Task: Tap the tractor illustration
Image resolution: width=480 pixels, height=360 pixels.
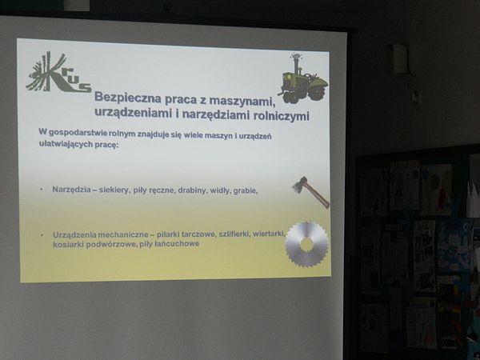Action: (x=303, y=79)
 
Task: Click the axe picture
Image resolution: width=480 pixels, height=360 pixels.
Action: (x=310, y=192)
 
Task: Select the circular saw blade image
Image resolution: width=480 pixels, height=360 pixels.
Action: (x=306, y=244)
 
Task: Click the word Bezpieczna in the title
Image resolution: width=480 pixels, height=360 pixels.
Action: (x=128, y=98)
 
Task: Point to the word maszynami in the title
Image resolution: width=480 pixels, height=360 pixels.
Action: (x=242, y=101)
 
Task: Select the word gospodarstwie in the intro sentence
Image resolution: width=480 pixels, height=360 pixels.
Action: (x=78, y=133)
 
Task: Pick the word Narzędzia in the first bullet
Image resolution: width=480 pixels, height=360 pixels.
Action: (x=71, y=190)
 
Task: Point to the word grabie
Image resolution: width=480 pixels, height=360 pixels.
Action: (x=246, y=190)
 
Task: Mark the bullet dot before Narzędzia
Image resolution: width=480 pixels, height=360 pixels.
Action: (x=42, y=190)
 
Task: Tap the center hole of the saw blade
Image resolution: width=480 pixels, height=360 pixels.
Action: (x=306, y=244)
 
